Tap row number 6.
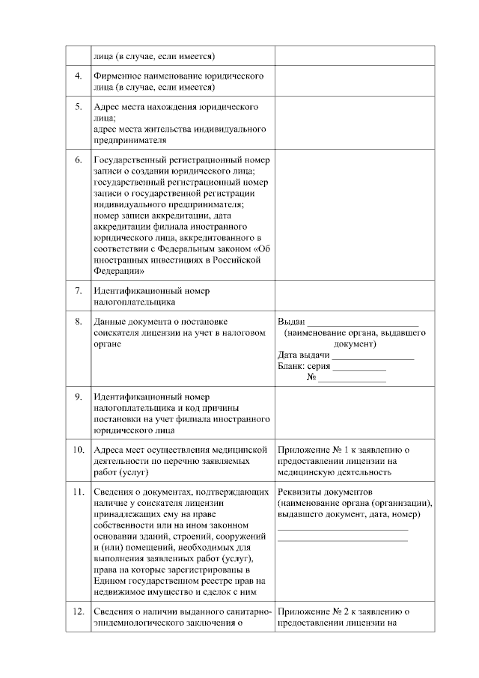pos(79,160)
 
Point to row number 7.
pos(79,289)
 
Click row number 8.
pos(79,321)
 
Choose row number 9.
pos(79,396)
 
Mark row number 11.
pos(79,492)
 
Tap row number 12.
pos(79,611)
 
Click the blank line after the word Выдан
pos(364,323)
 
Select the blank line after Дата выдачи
pos(373,357)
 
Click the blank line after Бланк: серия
pos(359,368)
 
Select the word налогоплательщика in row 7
pos(135,302)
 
